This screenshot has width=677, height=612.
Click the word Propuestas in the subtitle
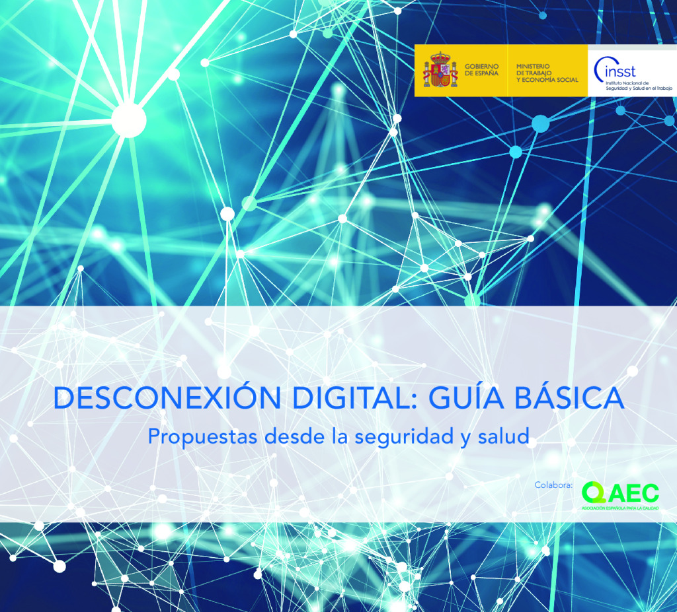(202, 436)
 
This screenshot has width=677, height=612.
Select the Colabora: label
(553, 485)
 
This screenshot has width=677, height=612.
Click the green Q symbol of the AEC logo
(593, 493)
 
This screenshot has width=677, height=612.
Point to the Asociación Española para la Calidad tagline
(620, 508)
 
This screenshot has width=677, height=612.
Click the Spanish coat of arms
(440, 70)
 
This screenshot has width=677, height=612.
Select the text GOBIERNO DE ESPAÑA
(481, 70)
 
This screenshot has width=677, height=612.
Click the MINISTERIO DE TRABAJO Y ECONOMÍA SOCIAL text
(547, 73)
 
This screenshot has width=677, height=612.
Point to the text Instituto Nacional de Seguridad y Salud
(639, 86)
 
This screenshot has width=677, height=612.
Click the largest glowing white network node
(129, 120)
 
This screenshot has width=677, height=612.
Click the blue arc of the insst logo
(598, 70)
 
